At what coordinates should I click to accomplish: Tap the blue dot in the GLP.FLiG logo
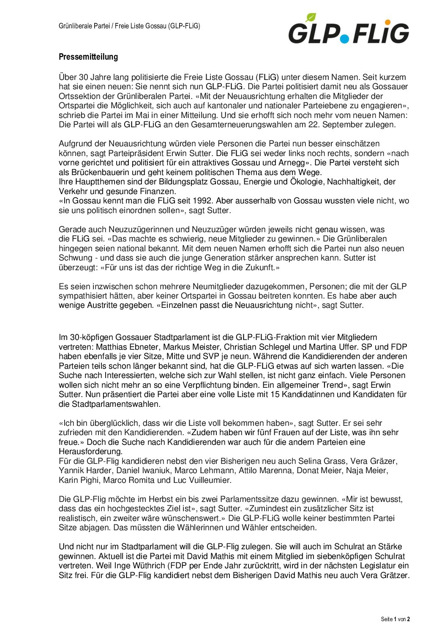(345, 38)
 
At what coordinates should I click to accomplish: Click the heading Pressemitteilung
(88, 57)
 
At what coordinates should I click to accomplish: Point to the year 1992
(202, 201)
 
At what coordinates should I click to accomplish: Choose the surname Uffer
(336, 347)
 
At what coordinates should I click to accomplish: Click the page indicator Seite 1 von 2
(395, 619)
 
